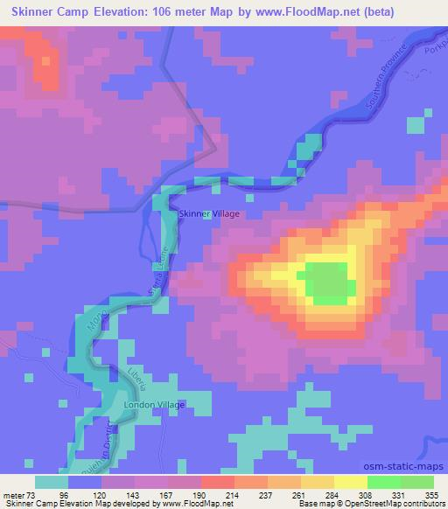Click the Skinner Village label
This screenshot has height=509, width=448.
tap(208, 213)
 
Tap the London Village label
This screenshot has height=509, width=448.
tap(156, 405)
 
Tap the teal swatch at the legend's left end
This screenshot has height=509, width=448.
tap(52, 481)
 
